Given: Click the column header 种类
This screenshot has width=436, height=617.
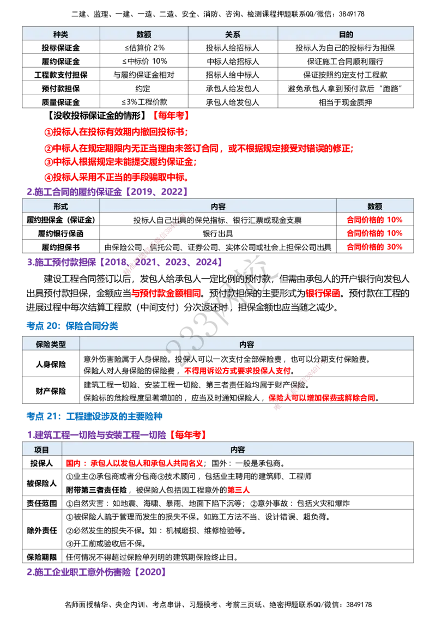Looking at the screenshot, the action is click(60, 34).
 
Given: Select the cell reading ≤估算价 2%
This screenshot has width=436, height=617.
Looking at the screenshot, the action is click(144, 47).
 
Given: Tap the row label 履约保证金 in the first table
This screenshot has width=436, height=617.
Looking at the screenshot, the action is click(60, 62).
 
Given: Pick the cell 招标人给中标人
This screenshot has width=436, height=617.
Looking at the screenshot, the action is click(233, 75).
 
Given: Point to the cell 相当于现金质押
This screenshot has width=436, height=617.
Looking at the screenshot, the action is click(345, 102).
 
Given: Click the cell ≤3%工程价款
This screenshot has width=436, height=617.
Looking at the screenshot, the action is click(144, 102).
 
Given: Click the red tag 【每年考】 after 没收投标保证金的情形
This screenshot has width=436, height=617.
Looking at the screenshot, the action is click(171, 116).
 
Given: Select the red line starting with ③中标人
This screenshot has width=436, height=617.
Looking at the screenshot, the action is click(120, 162).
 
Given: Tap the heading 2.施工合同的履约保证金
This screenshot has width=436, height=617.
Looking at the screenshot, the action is click(74, 192).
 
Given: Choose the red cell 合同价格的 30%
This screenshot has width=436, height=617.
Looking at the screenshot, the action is click(374, 247).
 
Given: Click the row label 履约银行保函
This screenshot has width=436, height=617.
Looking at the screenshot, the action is click(60, 233).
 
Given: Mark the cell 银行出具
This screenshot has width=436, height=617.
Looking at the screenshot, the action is click(217, 233).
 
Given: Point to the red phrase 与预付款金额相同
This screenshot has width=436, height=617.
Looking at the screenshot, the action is click(166, 293).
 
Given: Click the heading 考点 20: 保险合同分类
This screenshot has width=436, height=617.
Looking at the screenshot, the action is click(72, 326).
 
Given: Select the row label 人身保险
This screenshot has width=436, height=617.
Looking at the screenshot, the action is click(51, 364).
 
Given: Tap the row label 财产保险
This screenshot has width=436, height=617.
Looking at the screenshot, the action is click(51, 391).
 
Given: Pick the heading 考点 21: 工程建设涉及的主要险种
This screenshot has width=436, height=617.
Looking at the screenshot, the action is click(94, 416).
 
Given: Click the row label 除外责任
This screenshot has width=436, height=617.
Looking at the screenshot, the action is click(42, 530).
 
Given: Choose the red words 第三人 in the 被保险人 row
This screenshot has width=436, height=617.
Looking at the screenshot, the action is click(239, 490).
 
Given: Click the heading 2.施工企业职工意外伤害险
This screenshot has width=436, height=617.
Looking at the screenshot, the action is click(78, 572).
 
